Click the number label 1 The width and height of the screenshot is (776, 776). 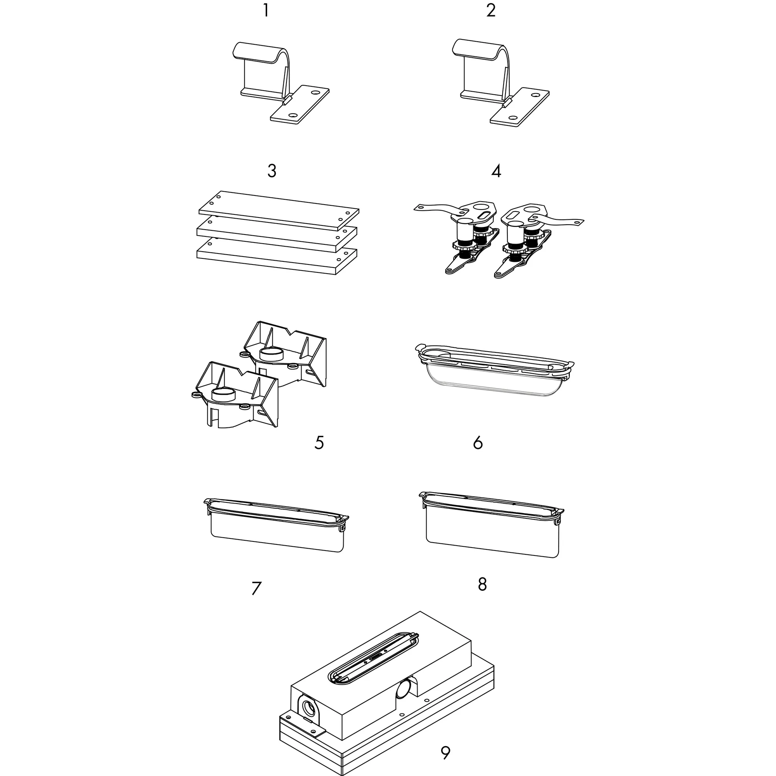[266, 11]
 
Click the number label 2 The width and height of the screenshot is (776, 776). [490, 11]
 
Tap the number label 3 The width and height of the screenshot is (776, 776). [272, 171]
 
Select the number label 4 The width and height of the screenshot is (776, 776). [496, 171]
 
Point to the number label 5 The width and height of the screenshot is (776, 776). [319, 443]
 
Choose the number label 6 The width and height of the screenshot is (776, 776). [477, 443]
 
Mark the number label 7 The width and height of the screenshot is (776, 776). [256, 588]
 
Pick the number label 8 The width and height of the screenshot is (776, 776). [482, 584]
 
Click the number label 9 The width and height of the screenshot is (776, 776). [445, 753]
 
